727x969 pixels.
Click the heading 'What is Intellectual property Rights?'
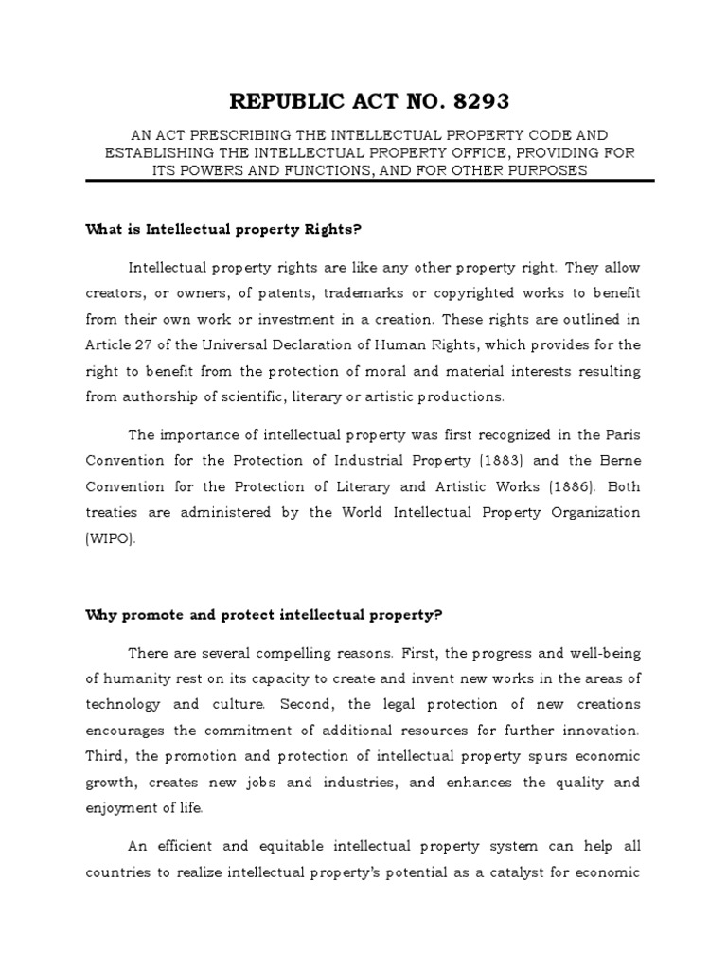[224, 229]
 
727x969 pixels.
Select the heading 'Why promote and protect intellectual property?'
[264, 614]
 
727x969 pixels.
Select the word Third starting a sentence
[104, 756]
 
